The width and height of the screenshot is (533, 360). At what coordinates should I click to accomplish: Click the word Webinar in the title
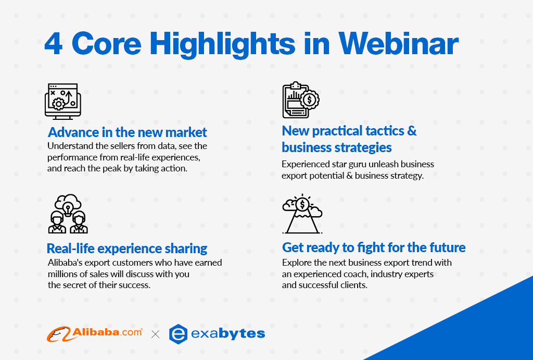(x=398, y=44)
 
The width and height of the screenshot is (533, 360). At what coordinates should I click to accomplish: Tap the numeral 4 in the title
(x=54, y=44)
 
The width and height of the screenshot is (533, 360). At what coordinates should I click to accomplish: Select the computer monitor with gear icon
(x=63, y=102)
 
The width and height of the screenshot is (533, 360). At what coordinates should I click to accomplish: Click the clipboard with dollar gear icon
(x=301, y=100)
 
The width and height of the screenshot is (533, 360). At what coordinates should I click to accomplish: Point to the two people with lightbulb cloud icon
(x=68, y=214)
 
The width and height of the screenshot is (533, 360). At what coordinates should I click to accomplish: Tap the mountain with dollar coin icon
(x=302, y=214)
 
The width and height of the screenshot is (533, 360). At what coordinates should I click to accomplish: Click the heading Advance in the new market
(x=127, y=132)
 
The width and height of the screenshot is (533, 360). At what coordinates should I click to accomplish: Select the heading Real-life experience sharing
(x=127, y=249)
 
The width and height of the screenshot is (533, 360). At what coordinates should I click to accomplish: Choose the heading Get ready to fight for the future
(x=374, y=247)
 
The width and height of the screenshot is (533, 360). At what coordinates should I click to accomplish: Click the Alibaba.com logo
(x=95, y=334)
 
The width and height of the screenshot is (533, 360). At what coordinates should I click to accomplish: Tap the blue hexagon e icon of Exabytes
(x=178, y=334)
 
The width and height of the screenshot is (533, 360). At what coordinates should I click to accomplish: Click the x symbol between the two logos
(x=155, y=334)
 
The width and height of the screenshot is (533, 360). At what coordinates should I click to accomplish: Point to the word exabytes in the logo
(x=228, y=333)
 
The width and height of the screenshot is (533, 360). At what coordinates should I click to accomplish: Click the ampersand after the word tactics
(x=412, y=131)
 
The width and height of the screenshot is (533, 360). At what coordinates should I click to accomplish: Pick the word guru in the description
(x=357, y=164)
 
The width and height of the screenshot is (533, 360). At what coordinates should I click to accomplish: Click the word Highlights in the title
(x=223, y=44)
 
